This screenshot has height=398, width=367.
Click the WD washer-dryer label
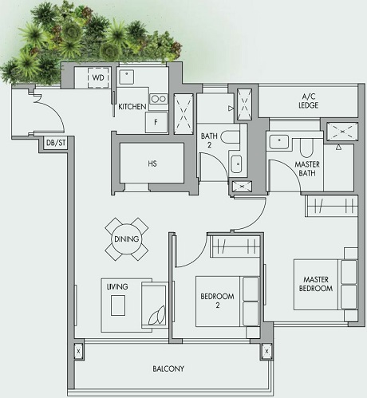click(97, 77)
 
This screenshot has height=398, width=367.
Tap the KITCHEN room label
click(132, 106)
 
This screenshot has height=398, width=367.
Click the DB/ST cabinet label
click(55, 144)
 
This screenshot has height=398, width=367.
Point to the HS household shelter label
click(152, 165)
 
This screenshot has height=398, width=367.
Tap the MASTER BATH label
click(286, 170)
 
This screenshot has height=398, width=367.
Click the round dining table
click(126, 238)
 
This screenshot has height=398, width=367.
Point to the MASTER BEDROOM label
click(316, 283)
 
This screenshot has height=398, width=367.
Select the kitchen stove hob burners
click(158, 100)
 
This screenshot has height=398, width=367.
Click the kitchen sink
click(128, 77)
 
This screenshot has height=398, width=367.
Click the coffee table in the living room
click(118, 307)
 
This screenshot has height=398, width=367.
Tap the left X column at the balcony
click(77, 350)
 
